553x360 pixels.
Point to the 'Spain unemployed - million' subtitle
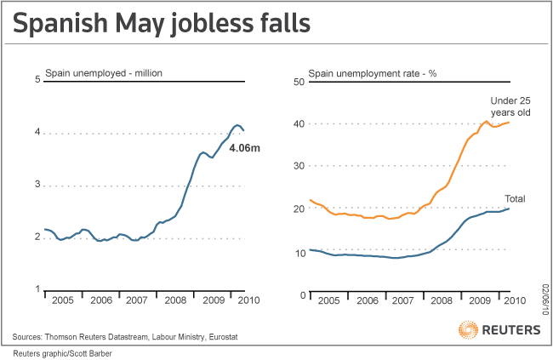point(102,73)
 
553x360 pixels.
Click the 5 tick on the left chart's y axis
point(37,80)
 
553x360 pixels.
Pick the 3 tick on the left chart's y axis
point(37,185)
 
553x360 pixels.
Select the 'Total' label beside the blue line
point(515,198)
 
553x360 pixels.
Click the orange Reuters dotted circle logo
point(468,330)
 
